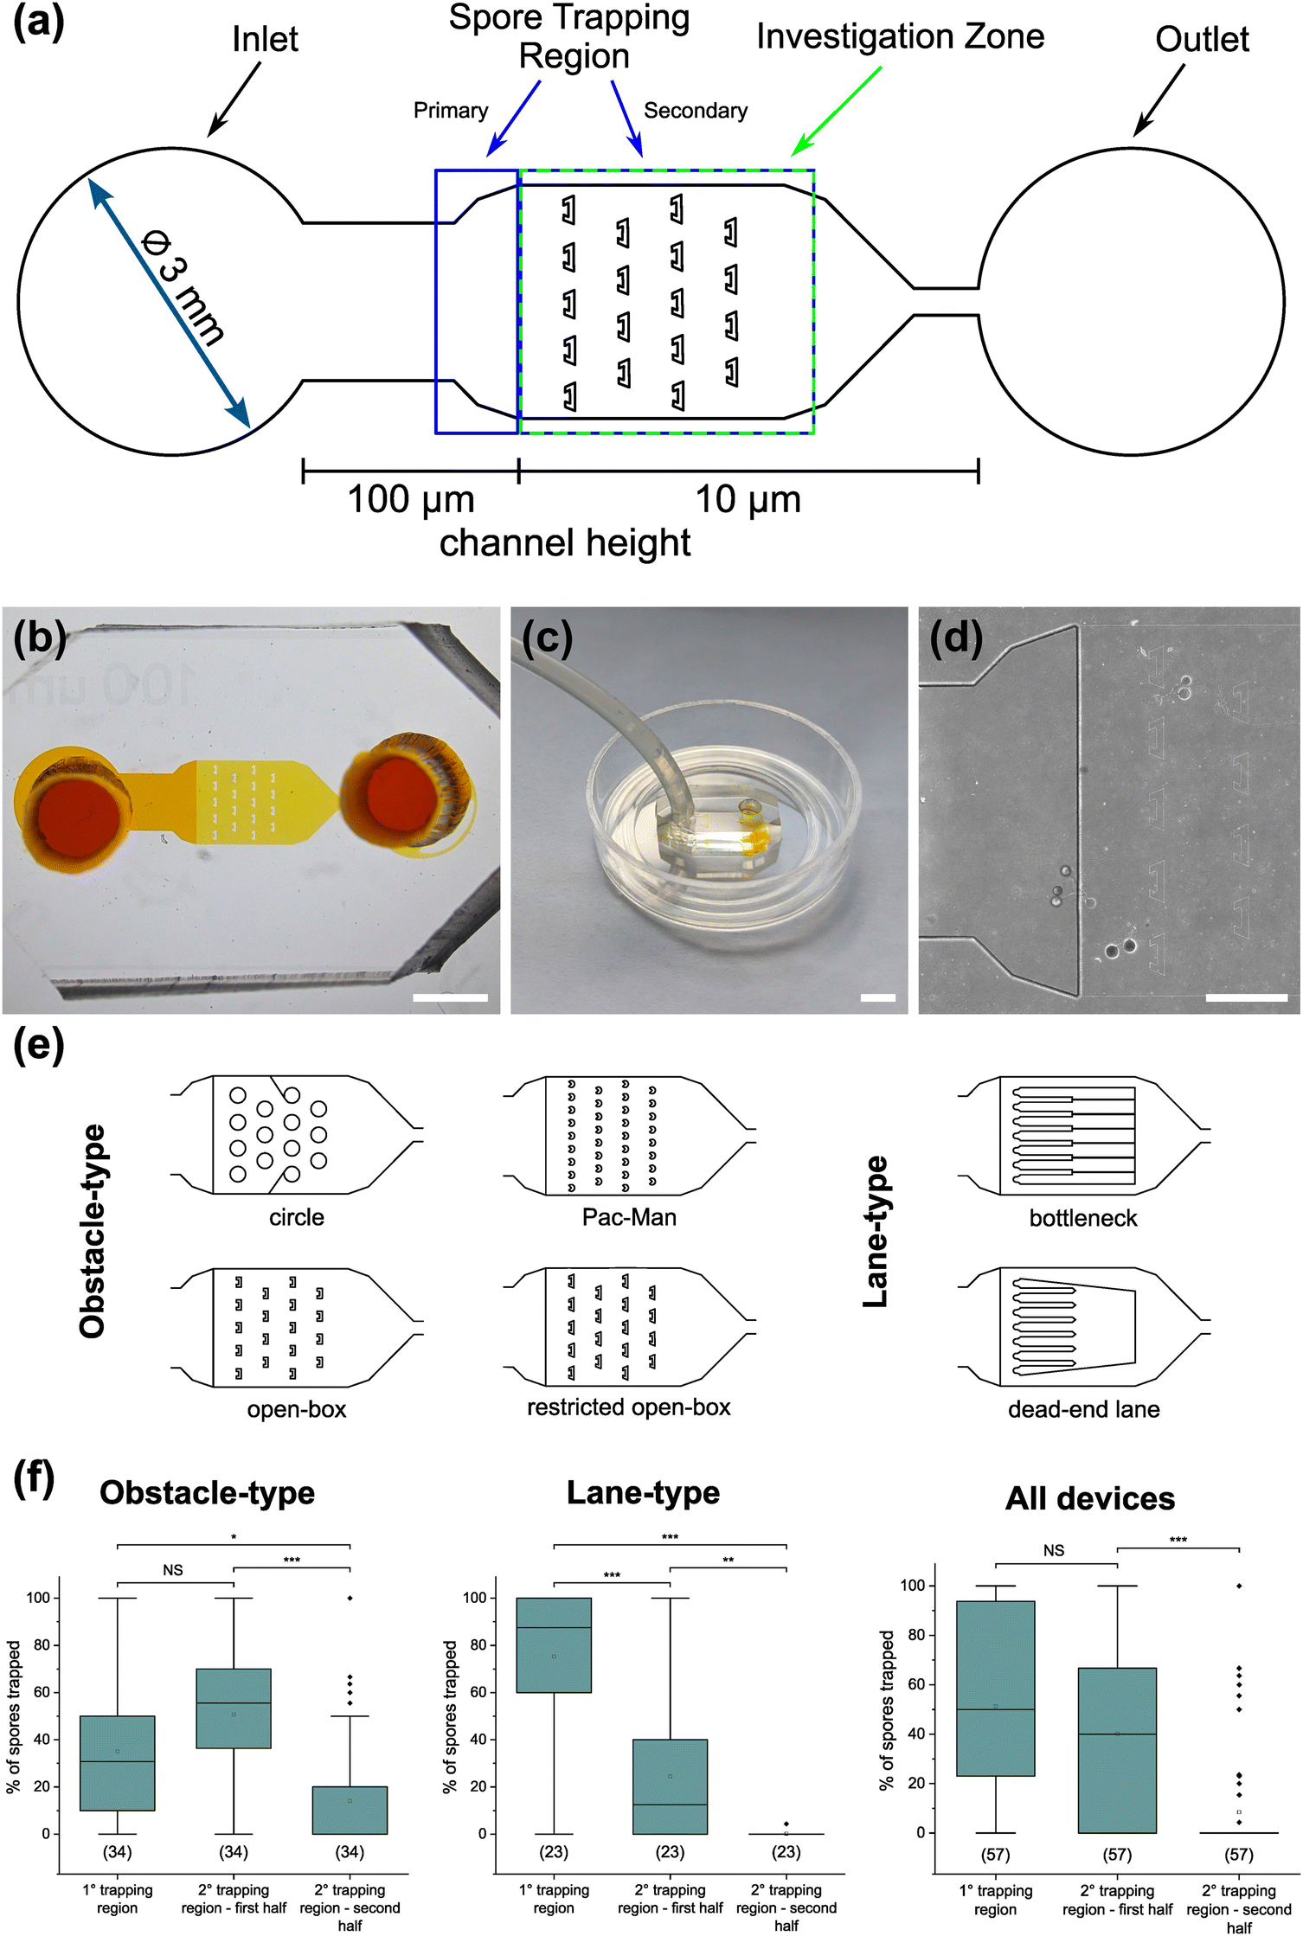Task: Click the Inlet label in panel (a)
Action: [x=265, y=39]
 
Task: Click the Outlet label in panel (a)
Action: [x=1201, y=39]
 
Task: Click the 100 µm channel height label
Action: [x=410, y=500]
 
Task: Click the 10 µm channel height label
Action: [x=748, y=500]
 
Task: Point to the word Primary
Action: [x=450, y=111]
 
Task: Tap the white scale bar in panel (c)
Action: [x=877, y=997]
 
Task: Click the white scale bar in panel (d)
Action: [x=1246, y=997]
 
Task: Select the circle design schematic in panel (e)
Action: [x=296, y=1135]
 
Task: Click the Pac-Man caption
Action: [x=629, y=1217]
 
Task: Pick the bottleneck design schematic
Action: [x=1083, y=1135]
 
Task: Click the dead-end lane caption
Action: [x=1083, y=1409]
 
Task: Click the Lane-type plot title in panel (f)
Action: [x=643, y=1492]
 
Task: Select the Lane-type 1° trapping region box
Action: [x=554, y=1644]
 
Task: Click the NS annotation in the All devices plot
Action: [x=1053, y=1550]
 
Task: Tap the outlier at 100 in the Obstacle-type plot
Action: [x=350, y=1598]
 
